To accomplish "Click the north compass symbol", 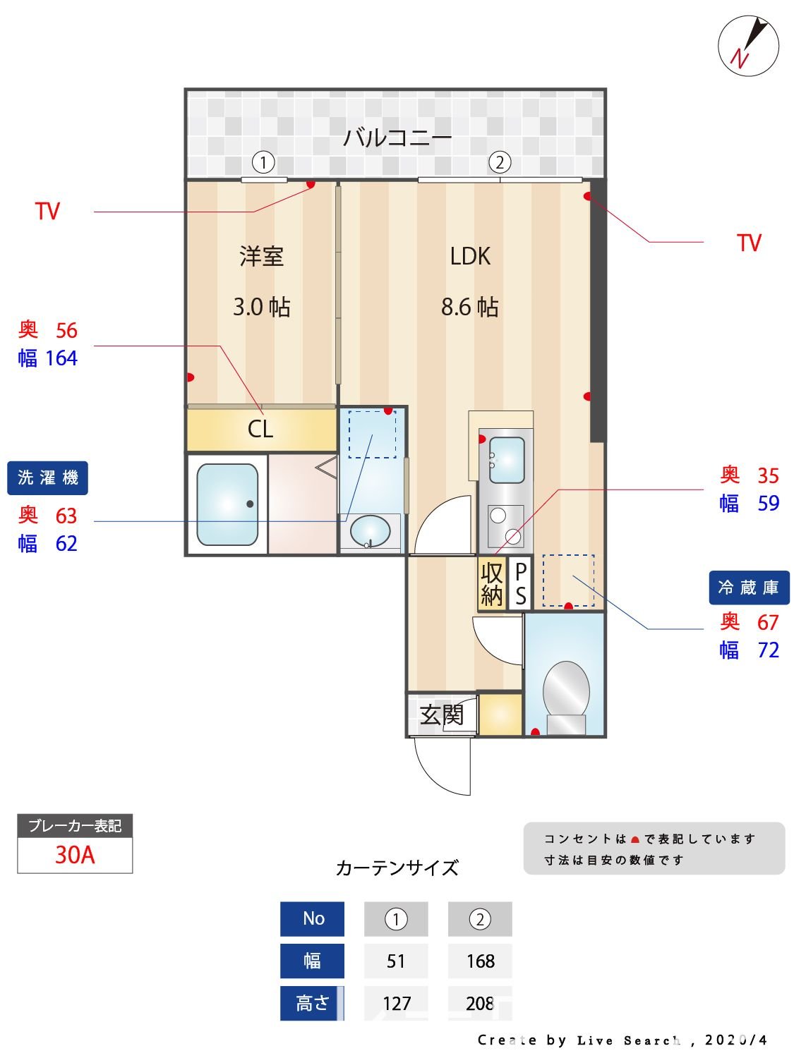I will (x=748, y=47).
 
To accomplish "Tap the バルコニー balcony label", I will (x=397, y=137).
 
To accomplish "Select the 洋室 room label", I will (x=261, y=256).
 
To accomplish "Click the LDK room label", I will (x=470, y=256).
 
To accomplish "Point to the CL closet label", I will (x=260, y=429).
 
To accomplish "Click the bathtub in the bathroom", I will (x=227, y=504).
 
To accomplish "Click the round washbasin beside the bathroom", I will (x=370, y=530).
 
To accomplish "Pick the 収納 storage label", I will (x=492, y=584).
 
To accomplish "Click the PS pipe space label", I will (x=520, y=584).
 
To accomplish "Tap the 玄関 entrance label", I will (x=442, y=715).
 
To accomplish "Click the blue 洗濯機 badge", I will (x=47, y=478).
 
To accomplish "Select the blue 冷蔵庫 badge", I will (x=748, y=588).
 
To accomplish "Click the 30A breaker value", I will (x=75, y=855).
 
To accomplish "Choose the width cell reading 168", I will (x=480, y=961).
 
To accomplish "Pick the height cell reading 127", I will (x=396, y=1003).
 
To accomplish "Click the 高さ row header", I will (x=312, y=1003).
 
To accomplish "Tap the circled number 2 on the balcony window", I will (x=499, y=163).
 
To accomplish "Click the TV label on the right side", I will (x=749, y=243).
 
